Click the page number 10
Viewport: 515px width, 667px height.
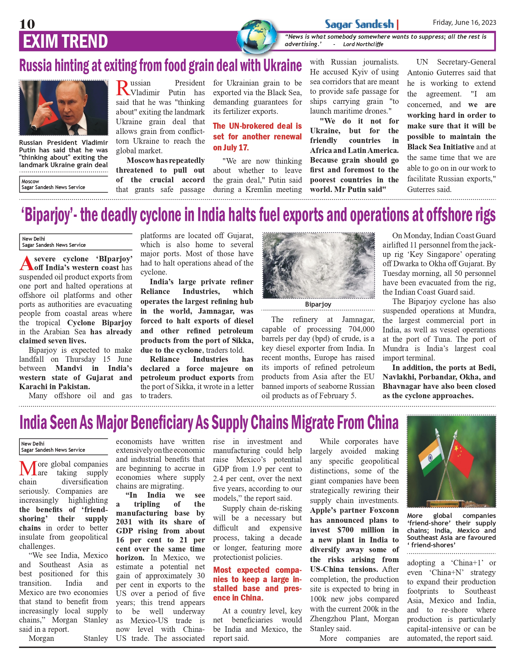(27, 24)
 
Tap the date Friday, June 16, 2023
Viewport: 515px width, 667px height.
(464, 22)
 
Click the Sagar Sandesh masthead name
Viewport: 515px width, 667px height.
(359, 24)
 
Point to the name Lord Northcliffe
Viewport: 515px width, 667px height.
(363, 44)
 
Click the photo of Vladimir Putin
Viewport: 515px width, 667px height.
(64, 108)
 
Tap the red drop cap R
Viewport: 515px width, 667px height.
(123, 88)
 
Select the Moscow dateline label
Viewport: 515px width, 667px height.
(30, 181)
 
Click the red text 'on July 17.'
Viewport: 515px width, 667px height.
(231, 147)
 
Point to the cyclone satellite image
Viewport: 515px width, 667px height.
(318, 265)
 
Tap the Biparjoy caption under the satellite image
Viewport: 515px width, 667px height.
(318, 304)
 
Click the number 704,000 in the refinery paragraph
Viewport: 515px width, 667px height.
(361, 329)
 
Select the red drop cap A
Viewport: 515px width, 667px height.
(26, 264)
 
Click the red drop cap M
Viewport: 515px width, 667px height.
(28, 469)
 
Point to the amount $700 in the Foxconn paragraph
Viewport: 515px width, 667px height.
(345, 530)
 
